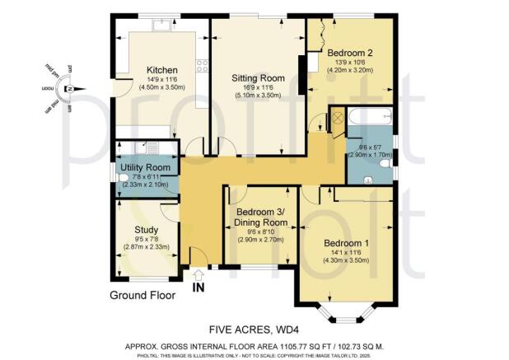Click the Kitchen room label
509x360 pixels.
point(157,70)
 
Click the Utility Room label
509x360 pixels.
point(144,167)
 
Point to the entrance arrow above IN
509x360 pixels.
point(197,276)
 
